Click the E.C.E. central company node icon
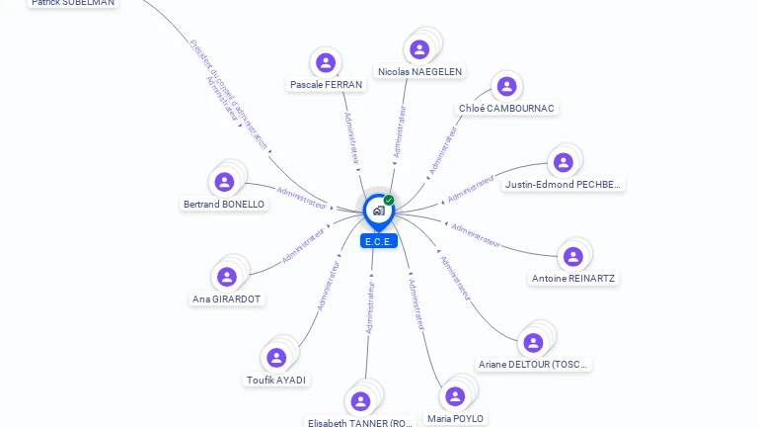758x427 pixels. pyautogui.click(x=377, y=210)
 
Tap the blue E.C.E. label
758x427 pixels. pyautogui.click(x=379, y=241)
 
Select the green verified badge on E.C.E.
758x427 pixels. pyautogui.click(x=389, y=200)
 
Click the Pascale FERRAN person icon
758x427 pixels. pyautogui.click(x=326, y=63)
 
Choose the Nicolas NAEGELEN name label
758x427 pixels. pyautogui.click(x=420, y=71)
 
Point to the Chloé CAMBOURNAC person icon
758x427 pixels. pyautogui.click(x=506, y=87)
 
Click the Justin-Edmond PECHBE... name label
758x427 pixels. pyautogui.click(x=564, y=184)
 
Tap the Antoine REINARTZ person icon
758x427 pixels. pyautogui.click(x=572, y=257)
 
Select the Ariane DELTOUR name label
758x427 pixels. pyautogui.click(x=533, y=364)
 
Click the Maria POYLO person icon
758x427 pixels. pyautogui.click(x=455, y=396)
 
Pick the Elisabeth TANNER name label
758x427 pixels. pyautogui.click(x=359, y=422)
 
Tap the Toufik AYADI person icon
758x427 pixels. pyautogui.click(x=275, y=358)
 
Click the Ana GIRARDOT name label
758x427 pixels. pyautogui.click(x=228, y=299)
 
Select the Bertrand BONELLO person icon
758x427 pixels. pyautogui.click(x=224, y=182)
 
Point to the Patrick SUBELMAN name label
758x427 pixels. pyautogui.click(x=72, y=3)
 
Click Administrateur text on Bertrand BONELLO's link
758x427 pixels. pyautogui.click(x=301, y=198)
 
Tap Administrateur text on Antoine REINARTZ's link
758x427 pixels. pyautogui.click(x=476, y=234)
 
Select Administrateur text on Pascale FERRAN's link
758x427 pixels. pyautogui.click(x=350, y=138)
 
